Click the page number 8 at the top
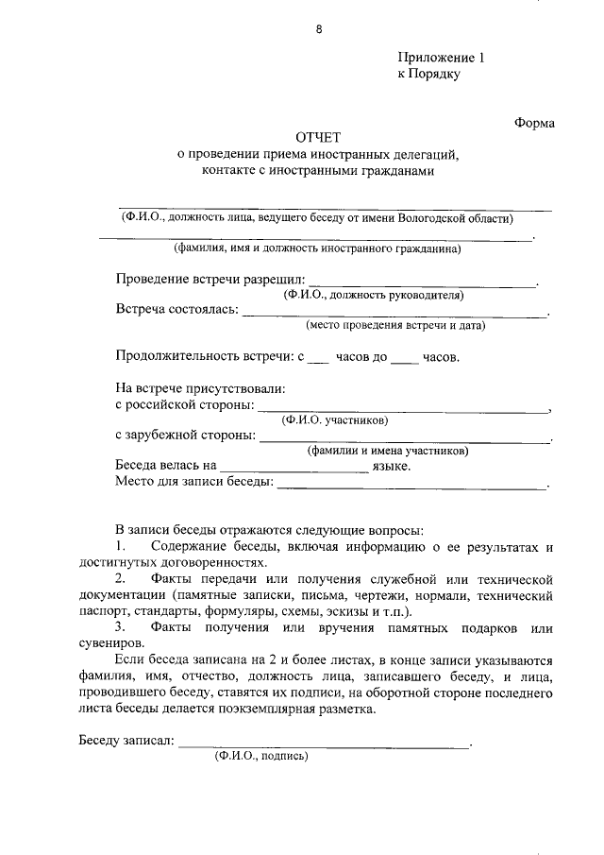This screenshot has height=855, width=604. tap(319, 29)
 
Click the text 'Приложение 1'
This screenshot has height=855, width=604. tap(441, 58)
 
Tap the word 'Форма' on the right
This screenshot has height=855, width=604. tap(534, 122)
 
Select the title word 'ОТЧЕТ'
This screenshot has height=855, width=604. tap(323, 138)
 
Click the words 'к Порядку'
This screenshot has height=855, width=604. tap(428, 74)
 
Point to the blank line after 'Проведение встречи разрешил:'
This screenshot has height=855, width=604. tap(422, 282)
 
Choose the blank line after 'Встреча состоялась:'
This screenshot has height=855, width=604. tap(394, 313)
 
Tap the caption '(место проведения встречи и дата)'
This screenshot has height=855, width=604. tap(395, 326)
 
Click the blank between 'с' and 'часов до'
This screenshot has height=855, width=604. tap(319, 360)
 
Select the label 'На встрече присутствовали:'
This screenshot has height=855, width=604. tap(200, 387)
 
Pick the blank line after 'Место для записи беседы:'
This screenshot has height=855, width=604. tap(411, 486)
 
